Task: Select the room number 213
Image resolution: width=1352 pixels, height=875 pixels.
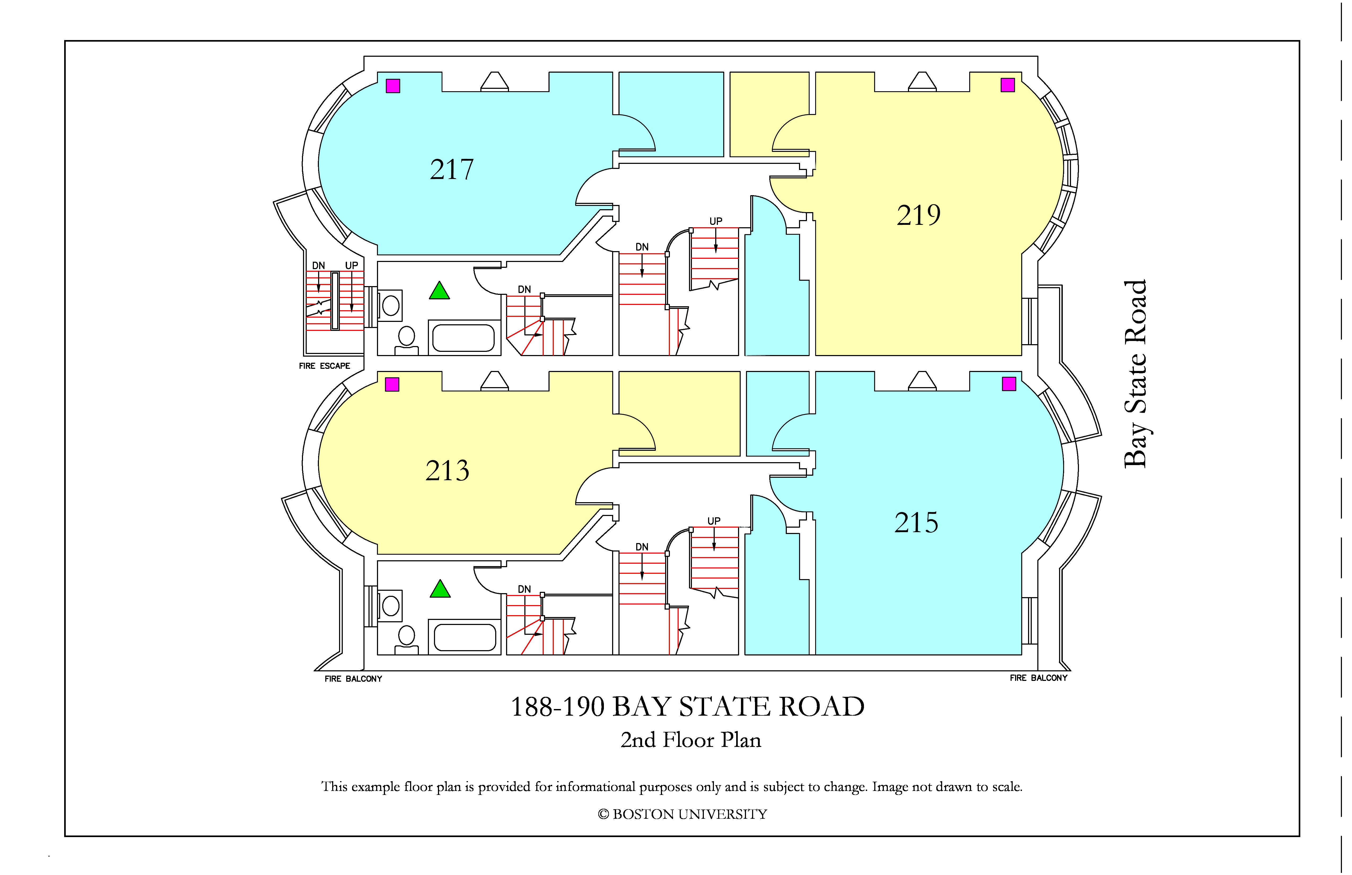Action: pyautogui.click(x=448, y=471)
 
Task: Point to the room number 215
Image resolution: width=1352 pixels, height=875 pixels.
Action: pyautogui.click(x=916, y=523)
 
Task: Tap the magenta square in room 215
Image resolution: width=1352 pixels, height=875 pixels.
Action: pyautogui.click(x=1009, y=384)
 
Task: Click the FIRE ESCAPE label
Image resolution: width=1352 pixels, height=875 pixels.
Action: pyautogui.click(x=324, y=366)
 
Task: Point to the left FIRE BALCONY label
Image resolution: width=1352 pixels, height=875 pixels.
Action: pyautogui.click(x=353, y=679)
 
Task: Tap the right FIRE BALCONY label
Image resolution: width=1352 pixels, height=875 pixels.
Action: pyautogui.click(x=1038, y=678)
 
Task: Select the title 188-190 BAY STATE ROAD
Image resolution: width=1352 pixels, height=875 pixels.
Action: pyautogui.click(x=687, y=707)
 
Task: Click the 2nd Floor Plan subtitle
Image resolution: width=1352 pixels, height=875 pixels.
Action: pyautogui.click(x=691, y=740)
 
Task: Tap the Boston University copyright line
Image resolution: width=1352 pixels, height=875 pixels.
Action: pyautogui.click(x=682, y=814)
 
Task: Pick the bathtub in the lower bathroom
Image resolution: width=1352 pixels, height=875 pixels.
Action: pyautogui.click(x=464, y=637)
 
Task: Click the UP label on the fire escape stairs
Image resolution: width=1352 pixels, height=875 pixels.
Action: pyautogui.click(x=352, y=265)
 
